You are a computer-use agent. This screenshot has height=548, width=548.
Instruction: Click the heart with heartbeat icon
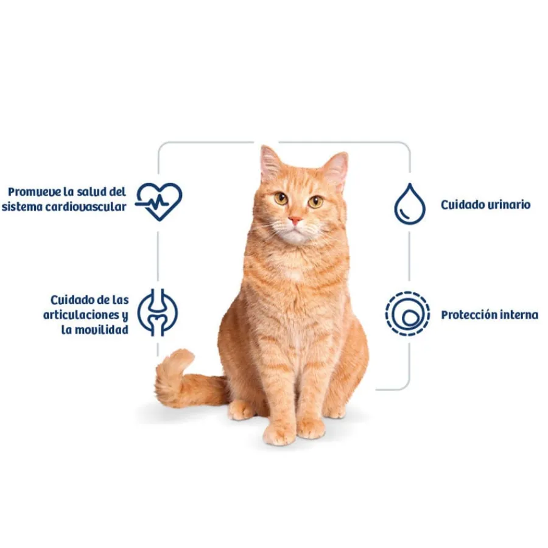pyautogui.click(x=159, y=202)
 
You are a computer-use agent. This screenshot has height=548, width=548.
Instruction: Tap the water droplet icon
pyautogui.click(x=410, y=204)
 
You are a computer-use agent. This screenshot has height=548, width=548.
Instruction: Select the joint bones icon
pyautogui.click(x=157, y=312)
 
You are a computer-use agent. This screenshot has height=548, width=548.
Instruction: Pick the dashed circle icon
pyautogui.click(x=407, y=314)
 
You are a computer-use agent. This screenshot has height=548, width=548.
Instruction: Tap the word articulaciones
pyautogui.click(x=82, y=315)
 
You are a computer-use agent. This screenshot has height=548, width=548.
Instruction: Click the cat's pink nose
pyautogui.click(x=295, y=220)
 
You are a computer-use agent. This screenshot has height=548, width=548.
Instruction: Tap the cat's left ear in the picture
pyautogui.click(x=271, y=163)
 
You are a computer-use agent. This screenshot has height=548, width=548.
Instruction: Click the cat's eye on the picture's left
pyautogui.click(x=281, y=198)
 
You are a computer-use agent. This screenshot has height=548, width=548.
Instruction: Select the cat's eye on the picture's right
pyautogui.click(x=315, y=202)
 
